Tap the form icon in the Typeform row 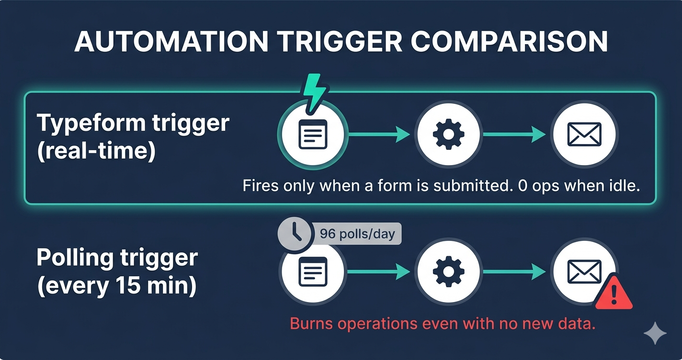coord(312,135)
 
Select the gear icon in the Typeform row coord(448,135)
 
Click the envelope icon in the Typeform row coord(584,135)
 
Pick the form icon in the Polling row coord(312,271)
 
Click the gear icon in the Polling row coord(448,271)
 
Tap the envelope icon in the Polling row coord(584,271)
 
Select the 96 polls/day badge coord(357,234)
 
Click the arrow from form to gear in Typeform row coord(379,135)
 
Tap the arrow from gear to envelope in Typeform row coord(514,135)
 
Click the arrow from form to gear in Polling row coord(379,272)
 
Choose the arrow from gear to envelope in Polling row coord(514,272)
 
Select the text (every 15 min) coord(116,287)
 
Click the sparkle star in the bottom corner coord(655,333)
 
